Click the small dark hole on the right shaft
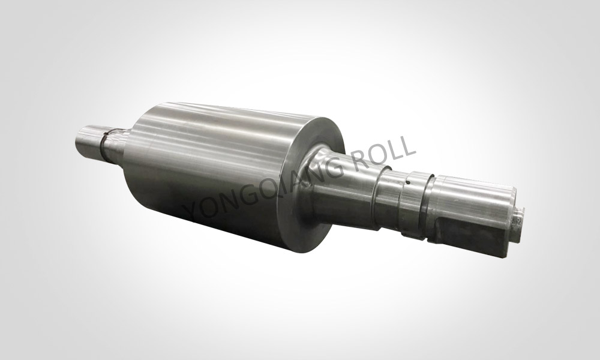pyautogui.click(x=409, y=182)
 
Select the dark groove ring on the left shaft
pyautogui.click(x=103, y=146)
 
